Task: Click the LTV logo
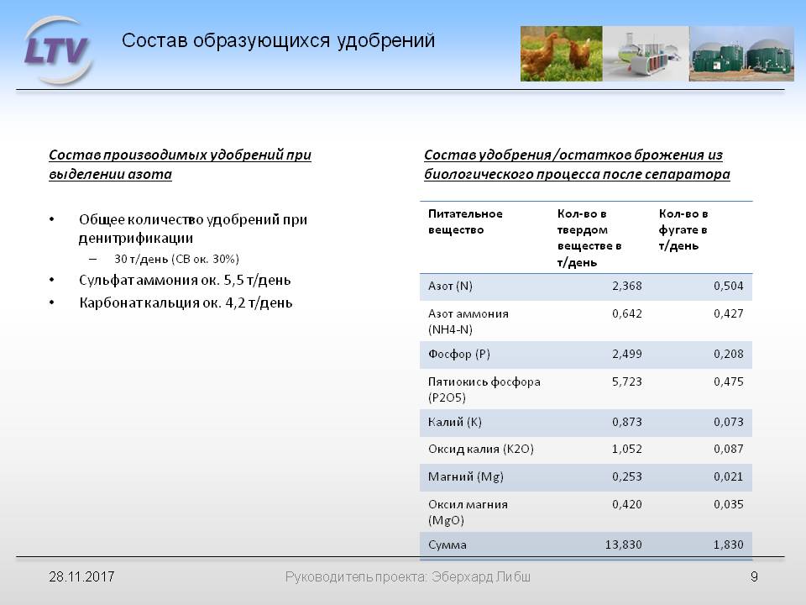click(x=57, y=50)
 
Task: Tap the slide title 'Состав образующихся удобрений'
click(x=278, y=40)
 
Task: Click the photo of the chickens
click(x=562, y=54)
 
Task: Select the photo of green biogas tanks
click(x=741, y=54)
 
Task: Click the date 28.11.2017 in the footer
click(x=81, y=576)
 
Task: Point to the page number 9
click(x=754, y=576)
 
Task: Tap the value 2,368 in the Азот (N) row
click(x=626, y=286)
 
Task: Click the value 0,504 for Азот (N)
click(x=729, y=286)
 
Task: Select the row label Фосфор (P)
click(x=459, y=355)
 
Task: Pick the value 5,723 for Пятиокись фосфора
click(x=626, y=381)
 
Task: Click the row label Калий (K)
click(x=455, y=423)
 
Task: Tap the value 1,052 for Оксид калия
click(x=626, y=449)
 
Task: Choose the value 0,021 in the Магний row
click(x=729, y=477)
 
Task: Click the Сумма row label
click(x=447, y=544)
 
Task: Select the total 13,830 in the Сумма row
click(x=624, y=544)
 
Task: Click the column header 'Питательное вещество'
click(x=465, y=222)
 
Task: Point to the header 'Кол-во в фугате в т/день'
click(x=683, y=229)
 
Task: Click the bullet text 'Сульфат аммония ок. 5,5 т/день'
click(x=185, y=281)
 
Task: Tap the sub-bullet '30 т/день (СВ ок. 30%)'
click(x=177, y=259)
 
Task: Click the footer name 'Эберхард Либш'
click(x=481, y=576)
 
